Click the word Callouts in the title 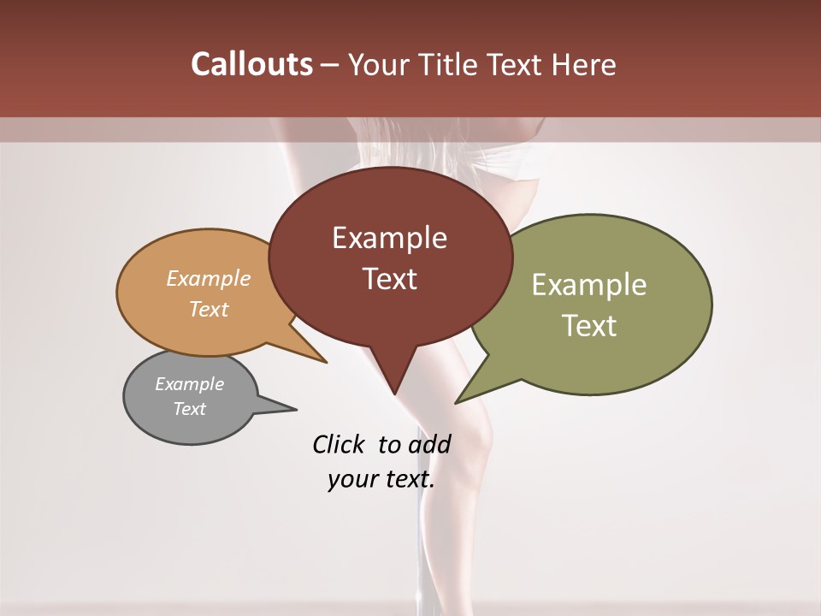point(251,65)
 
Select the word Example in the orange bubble point(208,279)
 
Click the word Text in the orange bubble point(208,309)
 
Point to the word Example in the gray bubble point(189,384)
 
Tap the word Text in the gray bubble point(189,409)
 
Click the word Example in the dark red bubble point(389,238)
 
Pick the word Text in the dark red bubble point(389,279)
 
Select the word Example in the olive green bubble point(589,285)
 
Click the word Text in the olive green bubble point(589,326)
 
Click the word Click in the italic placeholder point(338,444)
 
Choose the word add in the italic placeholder point(429,444)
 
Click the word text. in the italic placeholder point(406,479)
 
